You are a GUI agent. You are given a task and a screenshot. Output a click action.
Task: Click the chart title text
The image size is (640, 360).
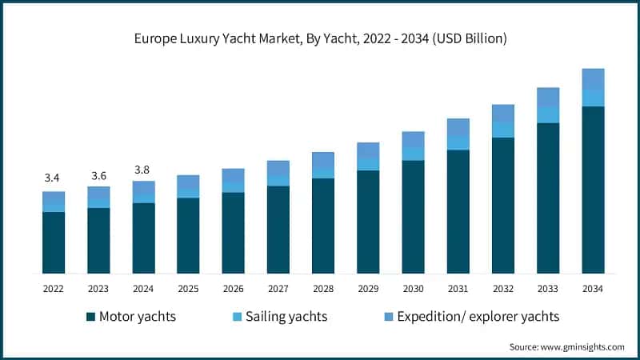click(x=320, y=38)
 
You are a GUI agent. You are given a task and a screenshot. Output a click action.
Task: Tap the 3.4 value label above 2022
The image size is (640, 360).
click(x=53, y=177)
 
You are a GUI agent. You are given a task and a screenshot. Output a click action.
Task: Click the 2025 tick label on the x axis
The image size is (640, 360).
click(x=188, y=289)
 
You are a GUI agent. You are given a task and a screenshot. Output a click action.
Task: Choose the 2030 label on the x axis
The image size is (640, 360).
click(x=413, y=289)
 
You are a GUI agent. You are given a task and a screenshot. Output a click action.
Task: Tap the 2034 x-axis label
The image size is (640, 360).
click(x=593, y=289)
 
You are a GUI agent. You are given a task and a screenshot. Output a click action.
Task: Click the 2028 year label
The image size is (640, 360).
click(x=323, y=289)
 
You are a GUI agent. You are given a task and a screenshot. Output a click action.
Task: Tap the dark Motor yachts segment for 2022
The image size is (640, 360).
click(x=53, y=242)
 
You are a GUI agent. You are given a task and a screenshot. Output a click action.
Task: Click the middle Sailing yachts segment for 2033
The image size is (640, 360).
click(x=548, y=114)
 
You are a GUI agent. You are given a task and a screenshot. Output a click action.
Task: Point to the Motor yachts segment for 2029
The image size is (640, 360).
click(x=368, y=222)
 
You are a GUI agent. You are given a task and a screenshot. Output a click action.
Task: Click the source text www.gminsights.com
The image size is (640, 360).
click(x=566, y=346)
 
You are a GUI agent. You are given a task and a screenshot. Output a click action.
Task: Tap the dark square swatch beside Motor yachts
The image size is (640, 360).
click(x=90, y=317)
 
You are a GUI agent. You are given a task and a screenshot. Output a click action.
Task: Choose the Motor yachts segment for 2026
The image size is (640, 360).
click(x=233, y=233)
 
